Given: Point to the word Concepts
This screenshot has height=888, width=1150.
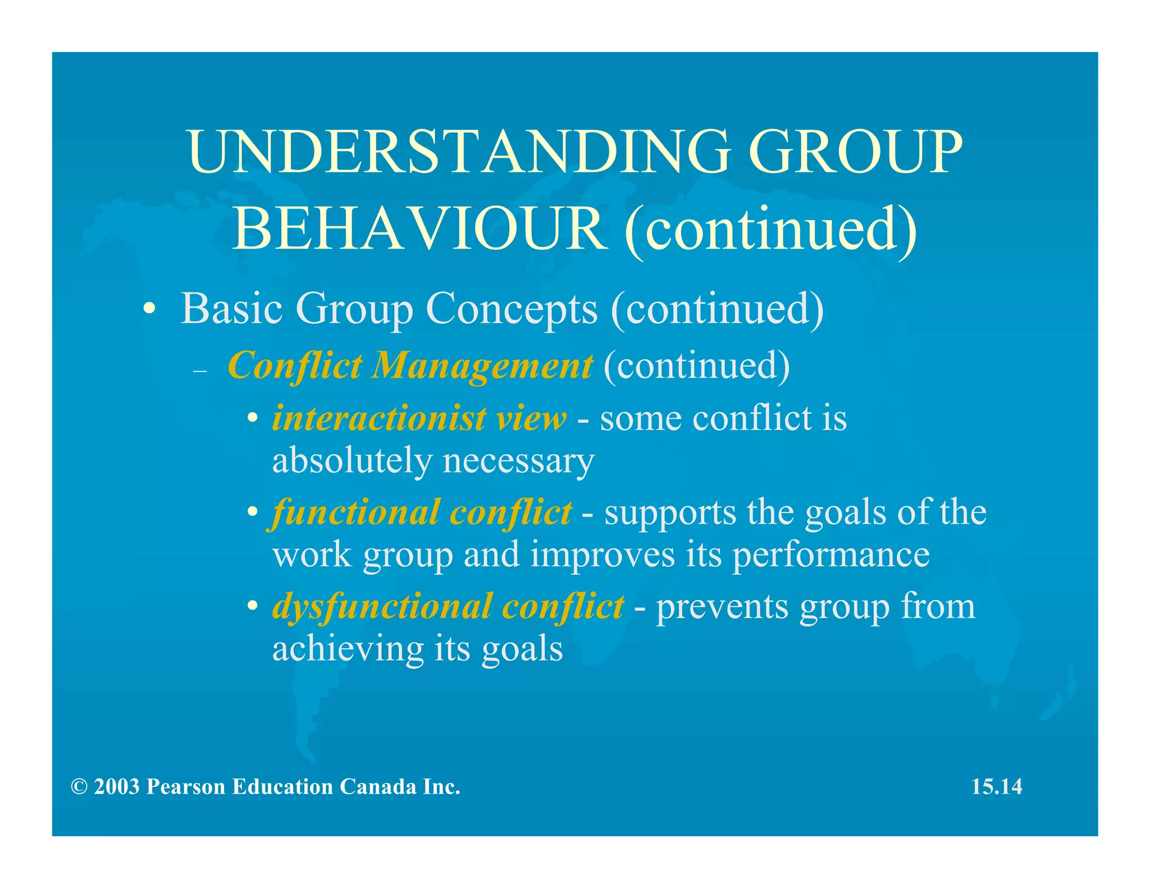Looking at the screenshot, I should coord(512,309).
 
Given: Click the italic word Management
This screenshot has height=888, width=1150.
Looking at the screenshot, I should coord(482,366).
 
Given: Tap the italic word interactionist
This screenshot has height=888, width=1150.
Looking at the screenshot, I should coord(379,419).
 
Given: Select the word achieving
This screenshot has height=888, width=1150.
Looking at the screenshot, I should coord(348,649).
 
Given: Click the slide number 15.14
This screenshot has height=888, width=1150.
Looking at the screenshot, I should coord(997,787).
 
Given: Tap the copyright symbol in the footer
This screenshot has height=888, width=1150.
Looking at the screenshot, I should coord(79,787).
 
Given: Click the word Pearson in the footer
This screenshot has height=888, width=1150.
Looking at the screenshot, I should coord(186,787).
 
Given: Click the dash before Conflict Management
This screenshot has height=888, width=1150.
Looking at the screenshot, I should coord(200,371).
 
